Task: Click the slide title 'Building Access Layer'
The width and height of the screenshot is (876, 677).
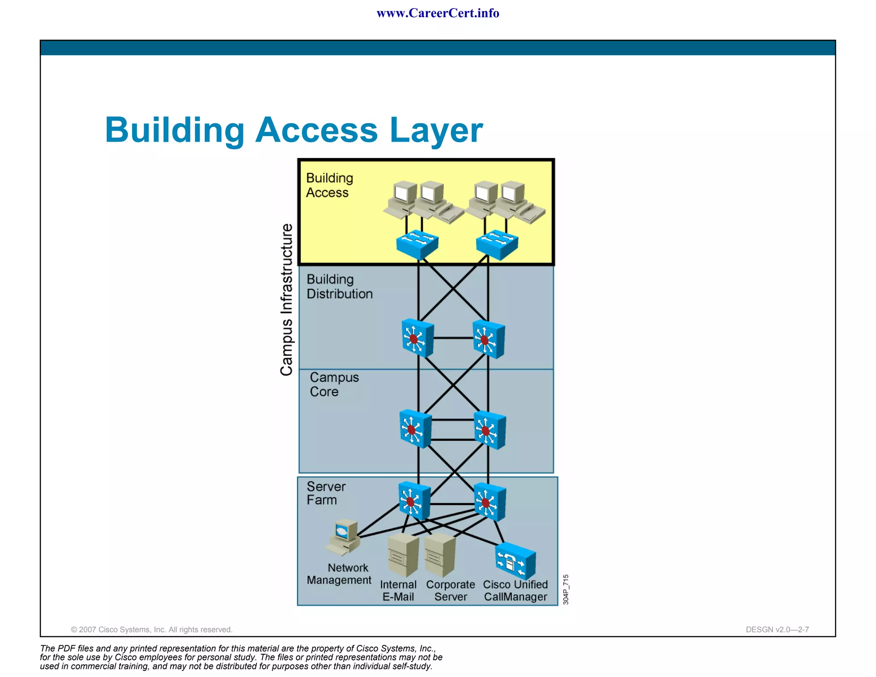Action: (294, 130)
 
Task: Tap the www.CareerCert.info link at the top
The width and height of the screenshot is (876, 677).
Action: (438, 13)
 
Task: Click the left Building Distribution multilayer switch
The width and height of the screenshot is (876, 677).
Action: (417, 338)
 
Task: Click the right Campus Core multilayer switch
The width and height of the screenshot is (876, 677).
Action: (490, 430)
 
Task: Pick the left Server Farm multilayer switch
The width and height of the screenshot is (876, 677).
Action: (414, 501)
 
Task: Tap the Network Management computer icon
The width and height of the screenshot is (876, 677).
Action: (344, 537)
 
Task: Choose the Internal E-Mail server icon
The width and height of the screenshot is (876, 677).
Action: (402, 555)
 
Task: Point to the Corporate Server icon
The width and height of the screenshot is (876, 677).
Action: (440, 555)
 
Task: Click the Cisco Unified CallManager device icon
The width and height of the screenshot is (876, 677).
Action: (515, 561)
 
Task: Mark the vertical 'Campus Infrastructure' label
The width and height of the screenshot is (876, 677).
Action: (287, 300)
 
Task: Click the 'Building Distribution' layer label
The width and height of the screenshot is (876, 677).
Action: (339, 286)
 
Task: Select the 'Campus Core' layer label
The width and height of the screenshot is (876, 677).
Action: (334, 384)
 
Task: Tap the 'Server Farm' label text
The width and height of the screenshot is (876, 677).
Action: (326, 493)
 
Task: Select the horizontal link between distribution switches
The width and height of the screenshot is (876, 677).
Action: (453, 338)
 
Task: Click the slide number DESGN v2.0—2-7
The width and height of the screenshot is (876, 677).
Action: (777, 629)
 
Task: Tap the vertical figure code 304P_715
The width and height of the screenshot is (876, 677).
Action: (565, 589)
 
